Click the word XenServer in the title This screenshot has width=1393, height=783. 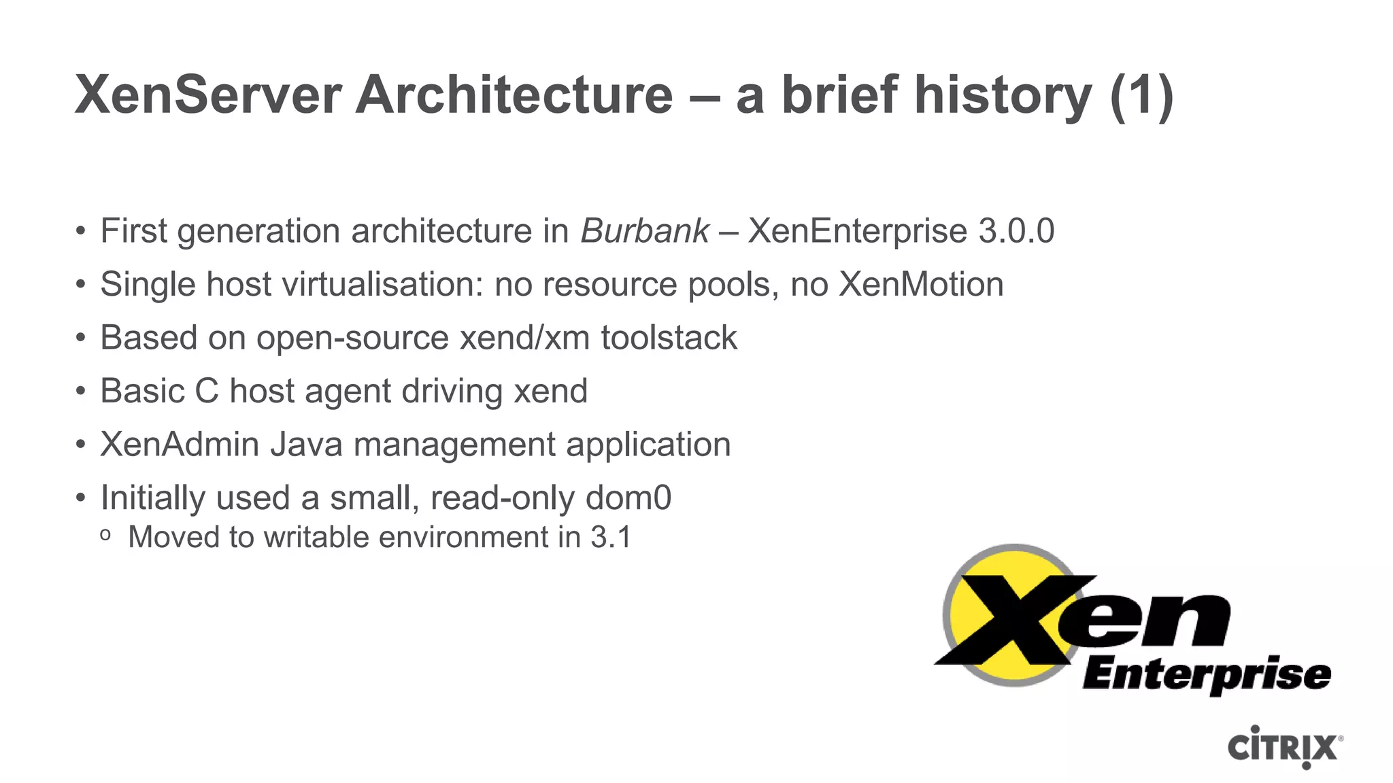tap(208, 95)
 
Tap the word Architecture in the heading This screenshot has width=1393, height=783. tap(514, 95)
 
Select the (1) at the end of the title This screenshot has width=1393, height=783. tap(1141, 97)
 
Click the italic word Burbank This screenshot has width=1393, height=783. tap(645, 231)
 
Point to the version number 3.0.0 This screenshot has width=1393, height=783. tap(1016, 231)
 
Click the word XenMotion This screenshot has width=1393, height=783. tap(921, 284)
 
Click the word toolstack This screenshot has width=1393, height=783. tap(669, 338)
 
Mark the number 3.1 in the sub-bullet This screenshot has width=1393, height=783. tap(611, 538)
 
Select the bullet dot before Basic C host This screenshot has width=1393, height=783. tap(81, 391)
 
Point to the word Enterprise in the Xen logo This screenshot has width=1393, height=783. tap(1206, 675)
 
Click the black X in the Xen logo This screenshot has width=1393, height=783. tap(1013, 619)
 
